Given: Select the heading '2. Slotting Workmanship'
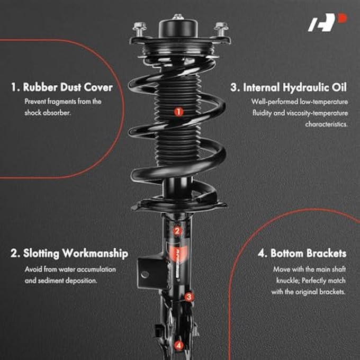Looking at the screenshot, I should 69,254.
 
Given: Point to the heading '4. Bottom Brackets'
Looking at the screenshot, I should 302,254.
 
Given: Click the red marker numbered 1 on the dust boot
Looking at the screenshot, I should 178,112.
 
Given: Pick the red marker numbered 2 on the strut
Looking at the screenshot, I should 178,230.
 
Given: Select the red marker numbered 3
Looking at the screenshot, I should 189,297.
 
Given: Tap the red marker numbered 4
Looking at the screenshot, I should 179,345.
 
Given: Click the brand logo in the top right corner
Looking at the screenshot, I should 336,22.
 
